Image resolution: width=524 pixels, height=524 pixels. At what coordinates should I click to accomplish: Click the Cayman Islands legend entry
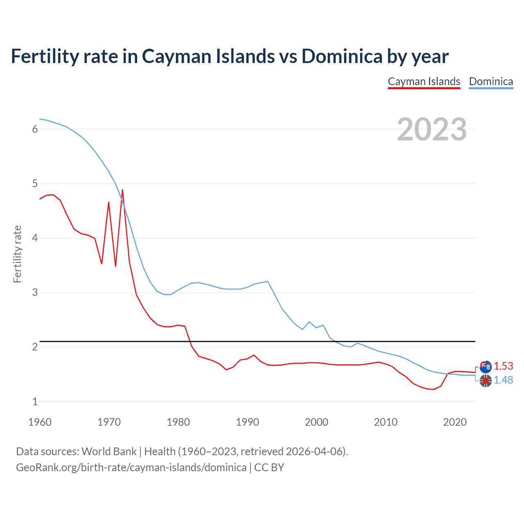tap(424, 81)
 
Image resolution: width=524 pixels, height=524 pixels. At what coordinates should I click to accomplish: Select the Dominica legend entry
tap(491, 81)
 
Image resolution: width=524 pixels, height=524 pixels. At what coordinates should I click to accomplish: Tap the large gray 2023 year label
tap(431, 129)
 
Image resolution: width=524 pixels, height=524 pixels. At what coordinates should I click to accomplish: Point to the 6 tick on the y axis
tap(35, 129)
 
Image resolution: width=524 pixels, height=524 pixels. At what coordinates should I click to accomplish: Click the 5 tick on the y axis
tap(35, 183)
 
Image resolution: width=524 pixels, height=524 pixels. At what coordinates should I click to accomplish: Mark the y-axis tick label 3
tap(35, 292)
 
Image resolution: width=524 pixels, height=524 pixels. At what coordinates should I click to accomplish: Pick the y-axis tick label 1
tap(35, 402)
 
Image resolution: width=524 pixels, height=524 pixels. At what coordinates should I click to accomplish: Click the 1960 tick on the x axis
tap(40, 422)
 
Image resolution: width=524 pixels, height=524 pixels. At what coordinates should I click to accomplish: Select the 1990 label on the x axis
tap(247, 422)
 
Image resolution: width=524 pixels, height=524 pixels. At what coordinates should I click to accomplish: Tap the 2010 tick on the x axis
tap(386, 422)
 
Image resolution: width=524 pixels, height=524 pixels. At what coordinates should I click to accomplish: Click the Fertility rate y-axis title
tap(17, 254)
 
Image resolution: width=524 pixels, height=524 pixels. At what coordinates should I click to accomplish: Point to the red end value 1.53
tap(503, 366)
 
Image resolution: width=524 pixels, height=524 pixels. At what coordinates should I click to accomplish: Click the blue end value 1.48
tap(503, 380)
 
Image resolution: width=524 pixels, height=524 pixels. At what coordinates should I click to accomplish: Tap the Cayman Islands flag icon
tap(486, 367)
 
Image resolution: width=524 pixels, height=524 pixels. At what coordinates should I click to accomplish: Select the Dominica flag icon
tap(486, 381)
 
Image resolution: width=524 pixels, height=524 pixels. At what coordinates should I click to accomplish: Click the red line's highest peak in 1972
tap(122, 190)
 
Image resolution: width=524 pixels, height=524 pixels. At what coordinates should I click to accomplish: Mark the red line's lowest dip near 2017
tap(434, 389)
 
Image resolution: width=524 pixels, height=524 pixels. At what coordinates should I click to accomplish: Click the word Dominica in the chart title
tap(342, 56)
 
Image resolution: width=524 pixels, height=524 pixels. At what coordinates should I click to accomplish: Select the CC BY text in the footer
tap(269, 468)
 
